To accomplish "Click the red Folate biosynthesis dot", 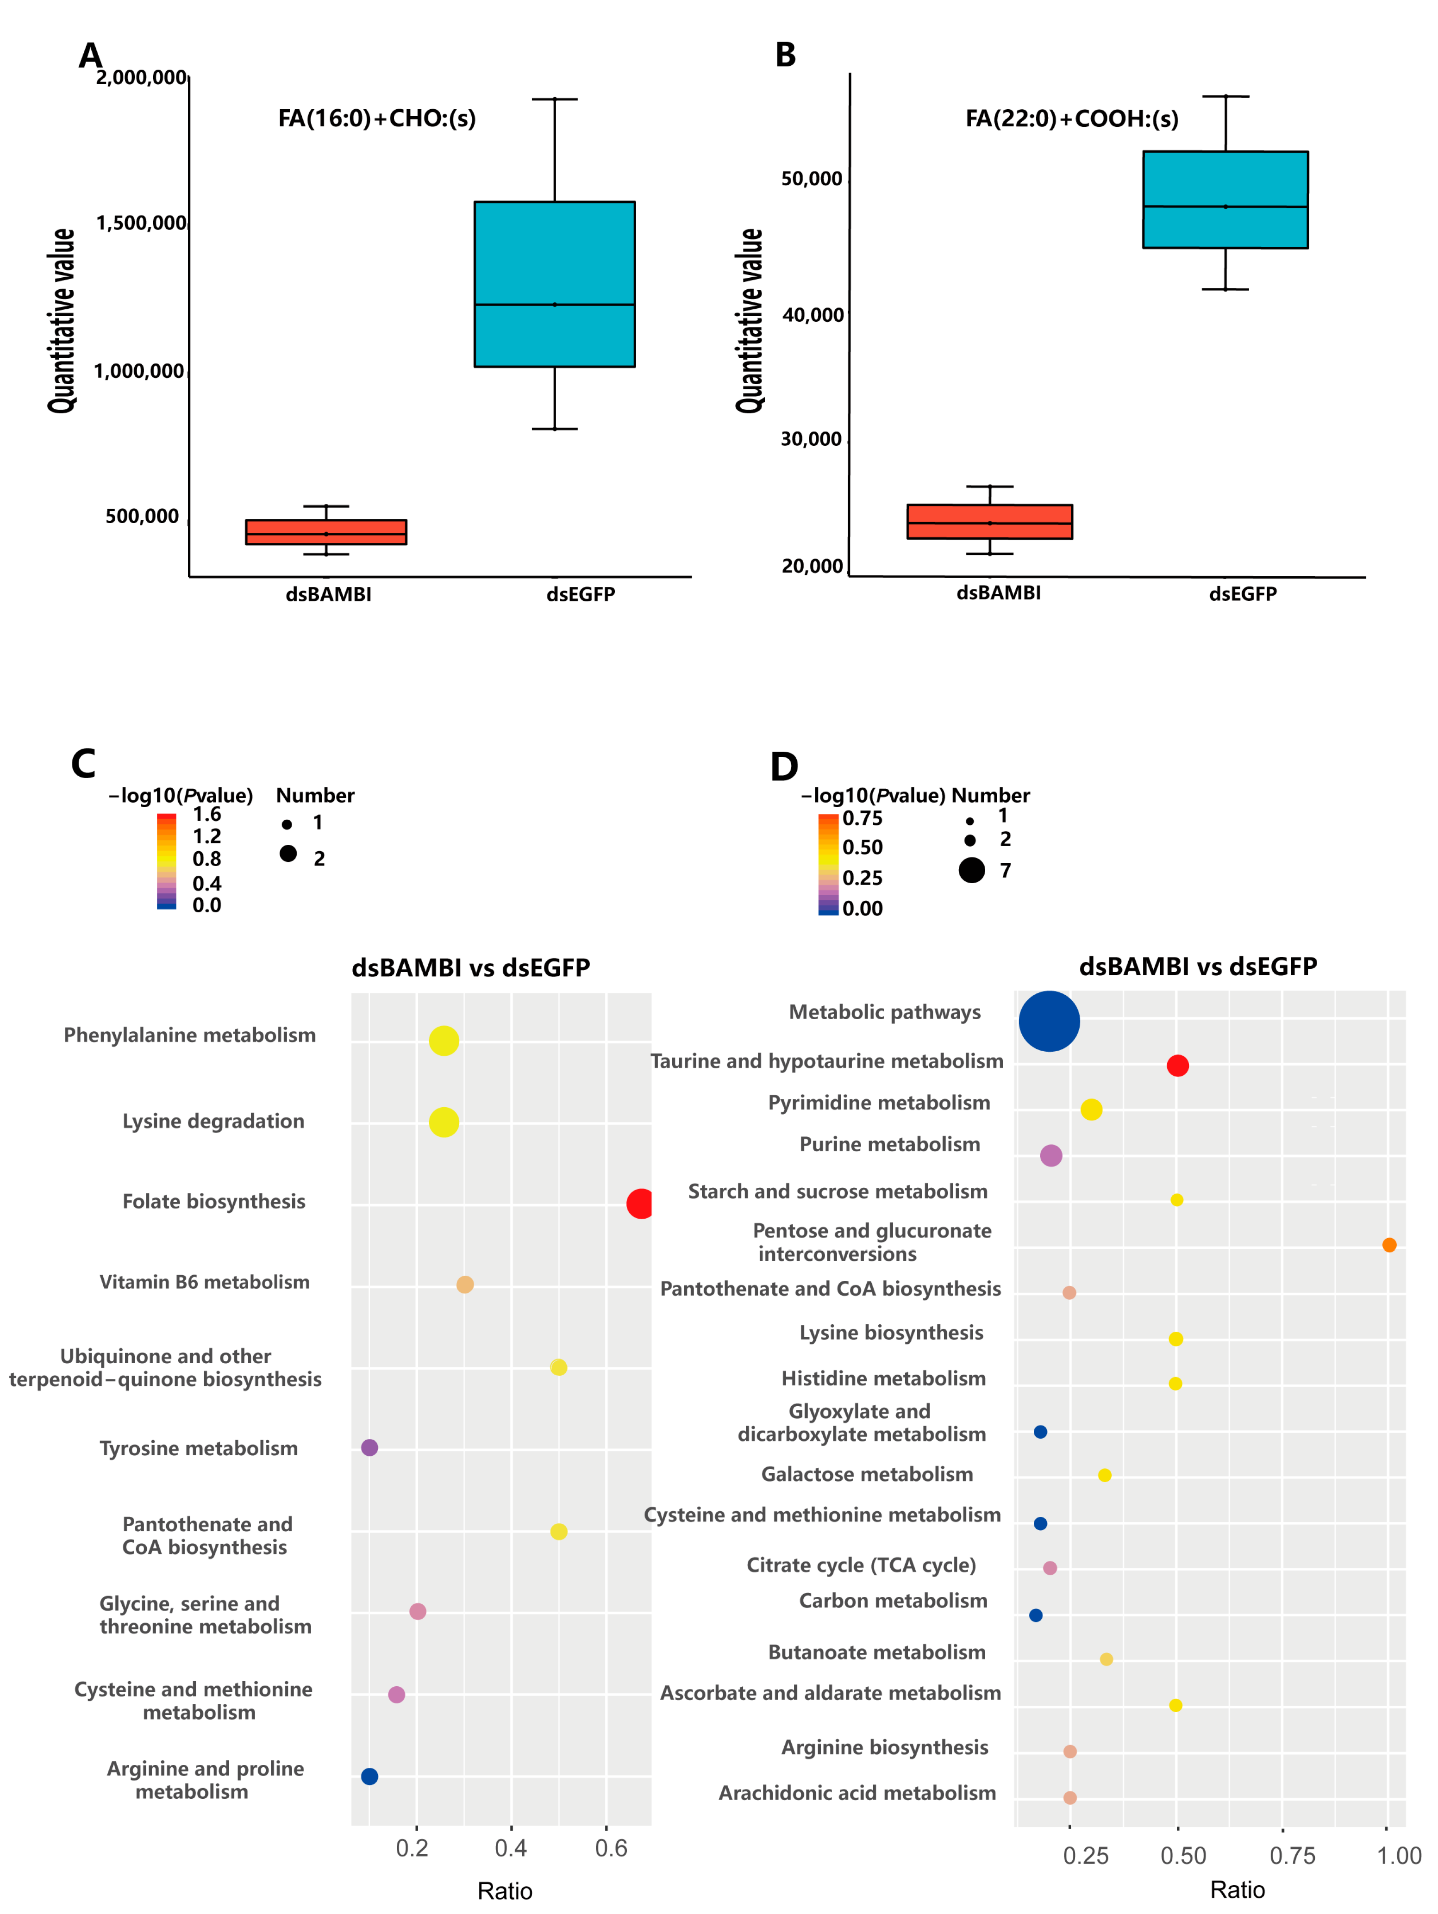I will (639, 1203).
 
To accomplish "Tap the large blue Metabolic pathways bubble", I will (1049, 1021).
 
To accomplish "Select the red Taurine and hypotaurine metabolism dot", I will (1177, 1065).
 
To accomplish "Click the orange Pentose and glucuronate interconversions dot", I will (1388, 1244).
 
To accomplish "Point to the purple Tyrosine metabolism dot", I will (369, 1447).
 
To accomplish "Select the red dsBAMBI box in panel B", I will (989, 522).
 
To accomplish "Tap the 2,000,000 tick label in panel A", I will (141, 78).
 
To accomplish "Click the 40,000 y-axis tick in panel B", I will (813, 315).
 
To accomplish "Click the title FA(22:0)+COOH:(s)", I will (1071, 118).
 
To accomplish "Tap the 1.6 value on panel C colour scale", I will (207, 814).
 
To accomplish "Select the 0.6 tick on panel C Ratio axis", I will (611, 1847).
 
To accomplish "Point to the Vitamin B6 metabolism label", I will (204, 1282).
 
